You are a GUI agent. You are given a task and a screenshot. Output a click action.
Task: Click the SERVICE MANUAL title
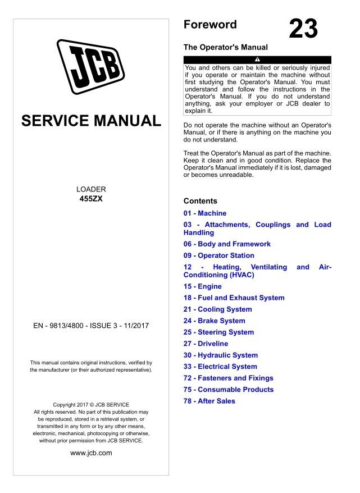tap(91, 121)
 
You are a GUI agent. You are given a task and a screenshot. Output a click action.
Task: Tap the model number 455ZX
tap(91, 199)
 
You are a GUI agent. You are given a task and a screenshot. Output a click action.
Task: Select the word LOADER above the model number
tap(91, 189)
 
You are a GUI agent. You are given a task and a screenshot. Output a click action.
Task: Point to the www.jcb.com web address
tap(91, 453)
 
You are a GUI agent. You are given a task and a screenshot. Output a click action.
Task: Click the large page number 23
tap(303, 29)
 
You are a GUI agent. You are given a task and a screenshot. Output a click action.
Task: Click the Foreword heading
tap(210, 25)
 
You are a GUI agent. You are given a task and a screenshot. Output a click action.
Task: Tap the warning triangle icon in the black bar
tap(257, 60)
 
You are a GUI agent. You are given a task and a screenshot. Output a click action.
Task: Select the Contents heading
tap(200, 201)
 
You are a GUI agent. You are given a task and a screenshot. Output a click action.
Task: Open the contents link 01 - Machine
tap(205, 213)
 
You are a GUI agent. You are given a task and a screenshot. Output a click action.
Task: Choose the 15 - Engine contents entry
tap(203, 286)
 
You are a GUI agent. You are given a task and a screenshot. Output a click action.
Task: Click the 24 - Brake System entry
tap(215, 321)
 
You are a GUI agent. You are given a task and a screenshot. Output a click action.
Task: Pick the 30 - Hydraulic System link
tap(221, 355)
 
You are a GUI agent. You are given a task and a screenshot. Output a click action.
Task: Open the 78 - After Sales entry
tap(209, 401)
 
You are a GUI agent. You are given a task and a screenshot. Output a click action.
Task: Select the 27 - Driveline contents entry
tap(206, 344)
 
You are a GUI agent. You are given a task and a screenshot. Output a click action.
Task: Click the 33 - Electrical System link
tap(220, 367)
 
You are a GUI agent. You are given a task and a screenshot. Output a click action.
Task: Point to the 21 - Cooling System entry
tap(218, 309)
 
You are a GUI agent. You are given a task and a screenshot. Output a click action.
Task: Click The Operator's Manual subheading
tap(226, 47)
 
